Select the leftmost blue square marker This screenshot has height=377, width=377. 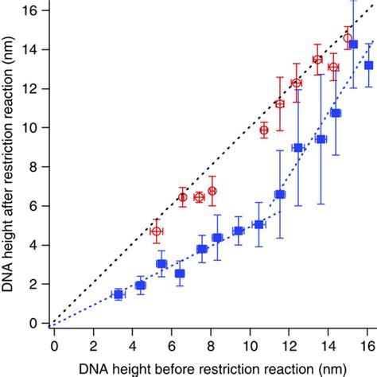point(118,294)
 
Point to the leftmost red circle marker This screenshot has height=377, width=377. point(157,231)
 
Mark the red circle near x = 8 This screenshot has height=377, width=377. point(212,191)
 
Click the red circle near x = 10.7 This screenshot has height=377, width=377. point(264,130)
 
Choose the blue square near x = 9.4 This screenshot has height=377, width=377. point(238,231)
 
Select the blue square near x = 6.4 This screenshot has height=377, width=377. point(180,273)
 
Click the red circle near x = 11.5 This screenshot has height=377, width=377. point(279,103)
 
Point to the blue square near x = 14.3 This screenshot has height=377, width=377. point(336,113)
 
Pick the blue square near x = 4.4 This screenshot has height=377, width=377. point(140,285)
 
